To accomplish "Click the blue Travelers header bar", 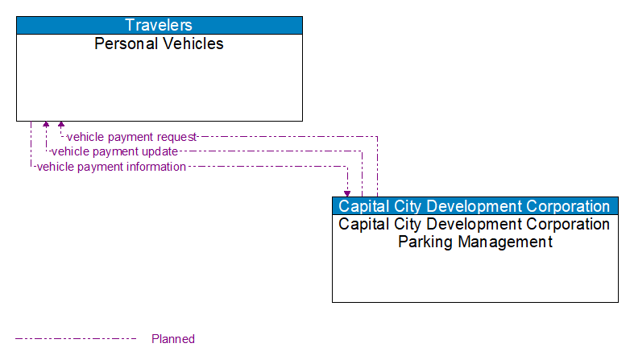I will (x=160, y=25).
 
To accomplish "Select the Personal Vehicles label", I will (x=160, y=43).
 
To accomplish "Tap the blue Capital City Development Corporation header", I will (x=475, y=206).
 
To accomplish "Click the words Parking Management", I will (x=475, y=242).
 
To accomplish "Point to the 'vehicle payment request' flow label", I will (x=131, y=137).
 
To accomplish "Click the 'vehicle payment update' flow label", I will (x=114, y=151).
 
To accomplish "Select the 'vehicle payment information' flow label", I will (x=111, y=167).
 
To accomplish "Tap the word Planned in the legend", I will (x=173, y=339).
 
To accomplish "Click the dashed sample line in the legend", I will (x=76, y=339).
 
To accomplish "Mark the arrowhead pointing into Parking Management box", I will (x=347, y=193).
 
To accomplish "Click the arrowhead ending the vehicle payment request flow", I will (x=61, y=125).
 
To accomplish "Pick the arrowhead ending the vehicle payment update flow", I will (x=46, y=125).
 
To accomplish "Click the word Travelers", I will (x=160, y=25).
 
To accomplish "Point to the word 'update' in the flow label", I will (x=159, y=151).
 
